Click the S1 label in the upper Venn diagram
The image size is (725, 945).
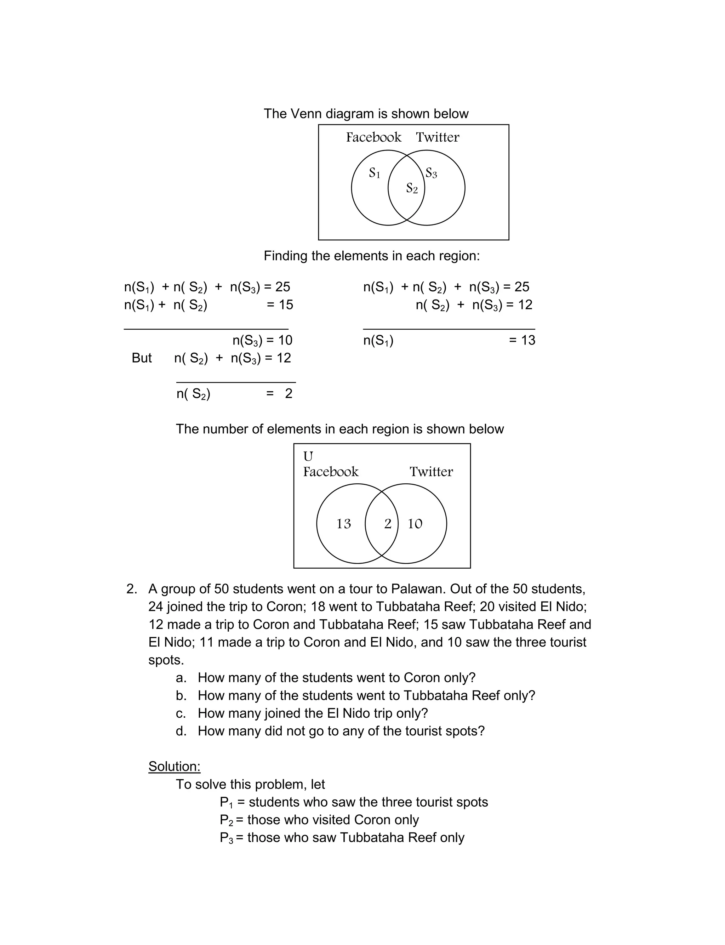click(x=374, y=173)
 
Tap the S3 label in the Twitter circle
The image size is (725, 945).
click(x=431, y=173)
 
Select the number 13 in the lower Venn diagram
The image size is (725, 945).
click(x=343, y=524)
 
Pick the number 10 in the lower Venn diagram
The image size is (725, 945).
click(x=415, y=524)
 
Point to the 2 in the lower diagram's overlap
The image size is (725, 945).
click(x=388, y=524)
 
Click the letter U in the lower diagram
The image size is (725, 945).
click(x=308, y=456)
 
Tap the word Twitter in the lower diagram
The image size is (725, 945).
click(x=431, y=472)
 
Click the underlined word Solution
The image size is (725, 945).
click(x=174, y=766)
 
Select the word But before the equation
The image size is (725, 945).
click(x=142, y=358)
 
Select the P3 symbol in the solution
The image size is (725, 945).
click(x=226, y=838)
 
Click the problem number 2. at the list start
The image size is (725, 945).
click(x=132, y=589)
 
